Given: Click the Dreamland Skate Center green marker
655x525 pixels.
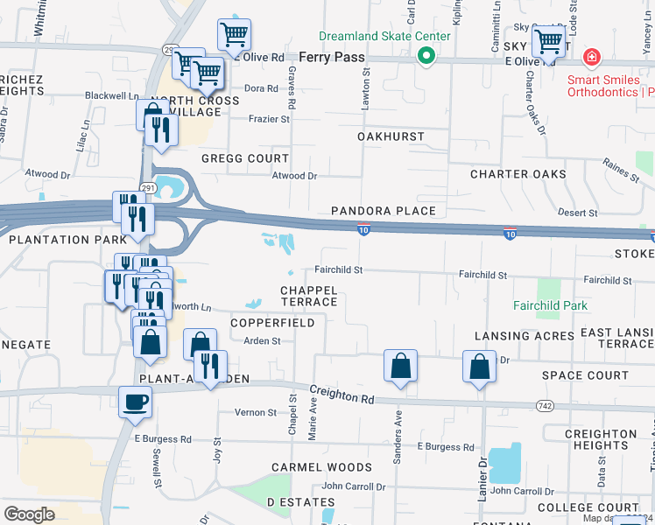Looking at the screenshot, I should click(426, 56).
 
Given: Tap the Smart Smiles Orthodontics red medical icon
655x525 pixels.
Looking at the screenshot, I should click(592, 58).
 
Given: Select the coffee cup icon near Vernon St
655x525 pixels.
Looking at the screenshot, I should click(135, 402).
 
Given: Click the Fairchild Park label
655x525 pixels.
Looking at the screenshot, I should click(550, 306).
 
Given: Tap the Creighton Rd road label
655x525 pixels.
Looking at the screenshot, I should click(342, 396).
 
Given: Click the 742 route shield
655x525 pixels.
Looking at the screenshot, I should click(546, 406).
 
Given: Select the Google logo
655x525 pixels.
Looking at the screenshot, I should click(30, 514).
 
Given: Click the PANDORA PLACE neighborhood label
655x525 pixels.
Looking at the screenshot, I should click(384, 211).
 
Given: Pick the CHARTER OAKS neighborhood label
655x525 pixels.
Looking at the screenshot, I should click(518, 174).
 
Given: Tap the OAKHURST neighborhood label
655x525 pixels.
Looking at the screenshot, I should click(391, 136).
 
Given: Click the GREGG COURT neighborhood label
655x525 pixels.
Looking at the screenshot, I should click(245, 158).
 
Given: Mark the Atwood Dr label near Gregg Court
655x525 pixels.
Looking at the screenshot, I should click(294, 176).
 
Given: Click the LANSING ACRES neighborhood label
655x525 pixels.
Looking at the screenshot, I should click(525, 336).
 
